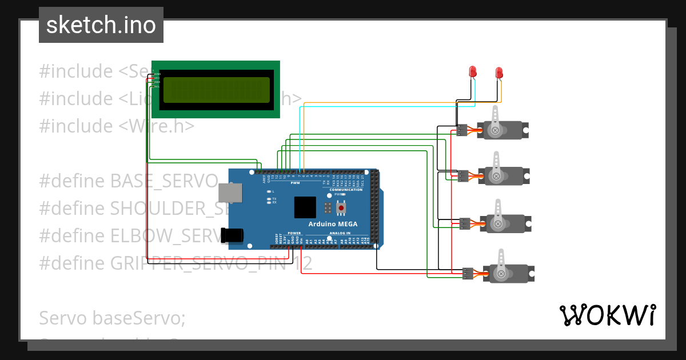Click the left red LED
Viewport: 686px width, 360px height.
[x=473, y=71]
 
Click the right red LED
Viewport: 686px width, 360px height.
[x=499, y=72]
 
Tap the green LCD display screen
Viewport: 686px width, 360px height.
[x=216, y=90]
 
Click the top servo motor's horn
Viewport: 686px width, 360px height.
[x=495, y=120]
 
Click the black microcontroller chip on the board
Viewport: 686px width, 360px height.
[x=305, y=207]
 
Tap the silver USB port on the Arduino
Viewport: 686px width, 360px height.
[x=231, y=194]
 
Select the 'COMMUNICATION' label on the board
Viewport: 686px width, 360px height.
[x=346, y=189]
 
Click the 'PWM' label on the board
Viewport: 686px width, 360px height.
[x=295, y=183]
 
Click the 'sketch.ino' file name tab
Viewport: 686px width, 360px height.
[x=101, y=25]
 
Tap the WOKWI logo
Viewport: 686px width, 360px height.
[x=607, y=315]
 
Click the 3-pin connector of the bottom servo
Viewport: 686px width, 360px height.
[x=468, y=273]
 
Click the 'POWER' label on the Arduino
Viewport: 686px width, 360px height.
[x=294, y=233]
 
